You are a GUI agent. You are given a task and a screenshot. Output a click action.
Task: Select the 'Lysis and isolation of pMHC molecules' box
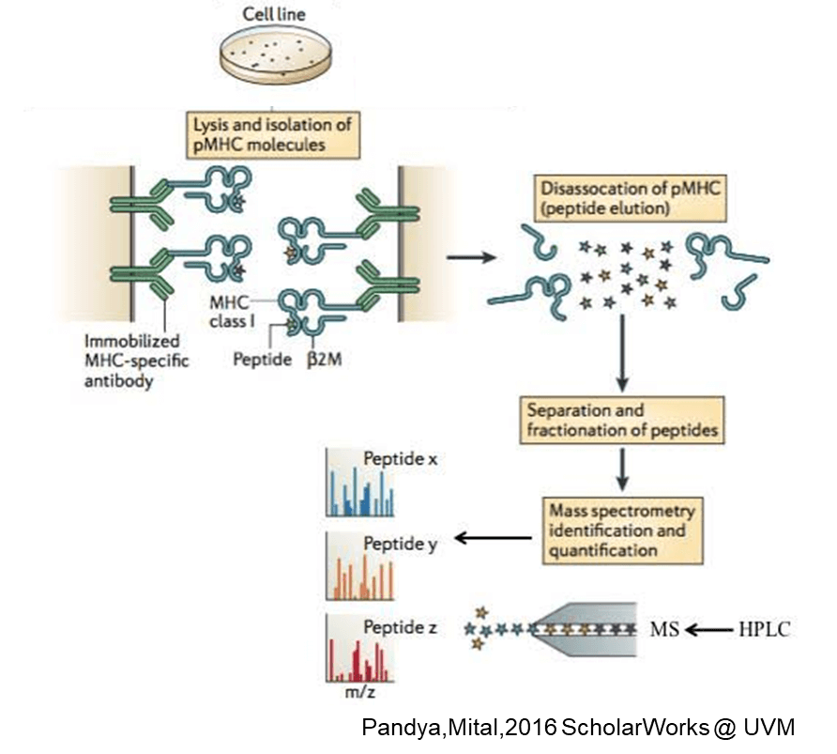click(x=272, y=133)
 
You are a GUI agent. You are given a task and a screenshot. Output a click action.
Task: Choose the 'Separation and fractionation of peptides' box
click(x=623, y=420)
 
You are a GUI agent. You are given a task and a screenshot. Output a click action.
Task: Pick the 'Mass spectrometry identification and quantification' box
click(x=623, y=531)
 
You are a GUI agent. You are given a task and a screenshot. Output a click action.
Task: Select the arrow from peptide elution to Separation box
click(x=622, y=352)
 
